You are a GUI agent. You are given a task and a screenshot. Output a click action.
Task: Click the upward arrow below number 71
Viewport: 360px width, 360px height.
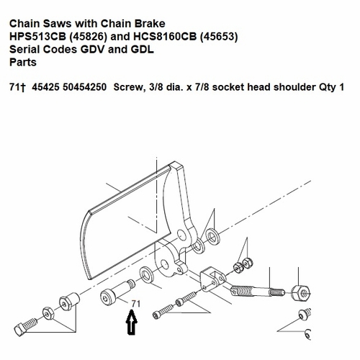click(x=130, y=322)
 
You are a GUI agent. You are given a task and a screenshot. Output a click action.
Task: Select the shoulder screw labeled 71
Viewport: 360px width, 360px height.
click(x=116, y=297)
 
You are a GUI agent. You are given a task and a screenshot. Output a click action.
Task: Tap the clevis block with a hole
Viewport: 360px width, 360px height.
click(x=213, y=275)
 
